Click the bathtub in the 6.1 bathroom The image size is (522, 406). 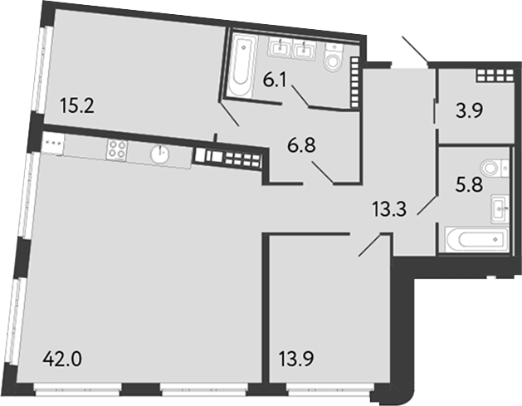click(x=241, y=63)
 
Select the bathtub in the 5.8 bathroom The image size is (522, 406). click(x=474, y=240)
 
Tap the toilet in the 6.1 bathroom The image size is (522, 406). click(x=334, y=57)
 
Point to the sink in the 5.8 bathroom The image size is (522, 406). click(x=499, y=207)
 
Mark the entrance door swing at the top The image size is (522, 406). click(x=415, y=51)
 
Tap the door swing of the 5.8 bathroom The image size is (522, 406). click(x=427, y=203)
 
